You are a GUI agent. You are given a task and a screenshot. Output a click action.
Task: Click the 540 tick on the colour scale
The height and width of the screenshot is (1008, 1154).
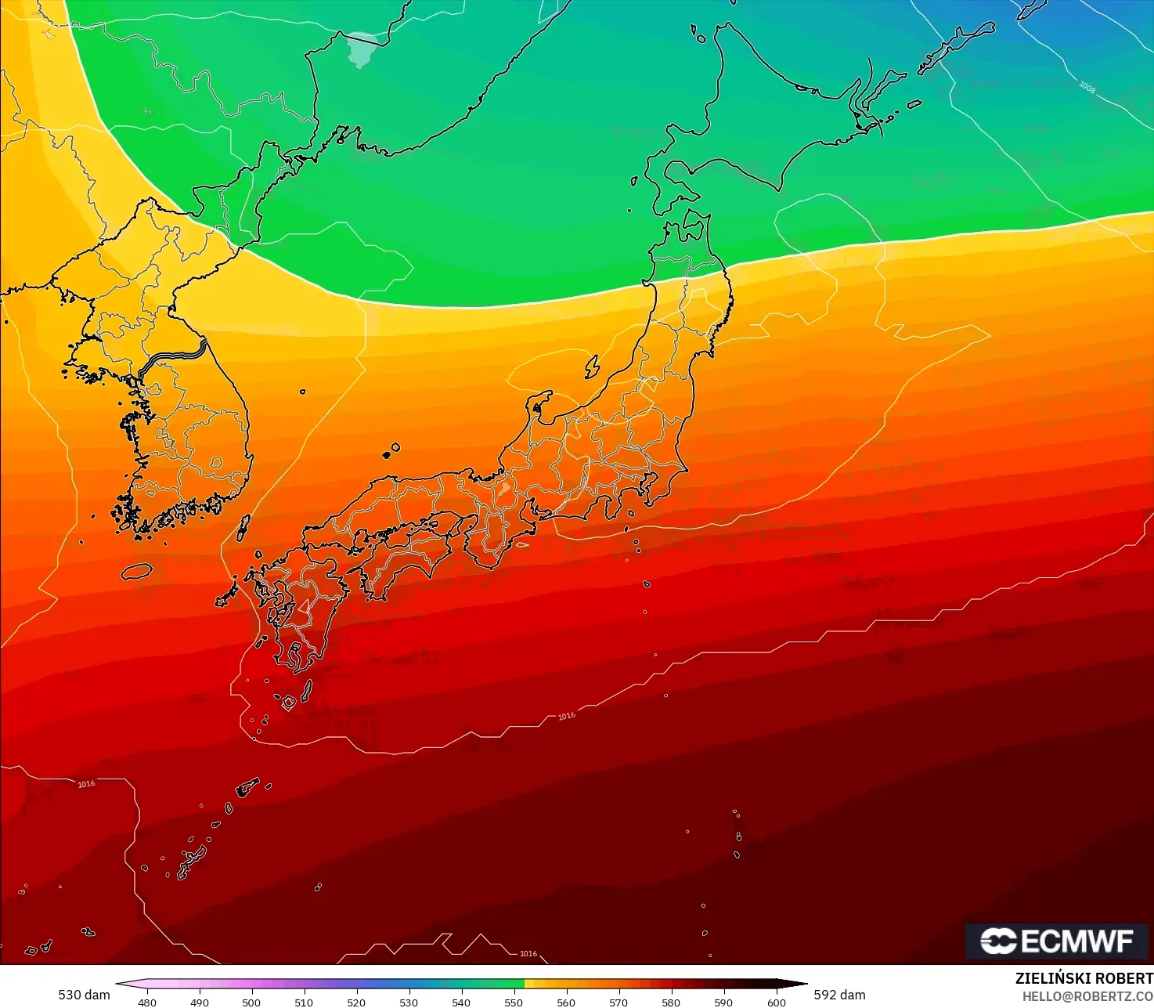(x=461, y=1002)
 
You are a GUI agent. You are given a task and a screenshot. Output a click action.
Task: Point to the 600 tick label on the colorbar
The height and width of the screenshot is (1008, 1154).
(x=776, y=1002)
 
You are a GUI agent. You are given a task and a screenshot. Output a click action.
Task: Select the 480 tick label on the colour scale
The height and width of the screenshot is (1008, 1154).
(x=146, y=1002)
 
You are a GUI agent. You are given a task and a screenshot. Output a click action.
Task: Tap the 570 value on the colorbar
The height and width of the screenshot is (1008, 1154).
(x=618, y=1002)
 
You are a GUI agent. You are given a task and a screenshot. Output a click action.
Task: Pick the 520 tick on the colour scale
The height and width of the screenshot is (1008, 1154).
(x=356, y=1002)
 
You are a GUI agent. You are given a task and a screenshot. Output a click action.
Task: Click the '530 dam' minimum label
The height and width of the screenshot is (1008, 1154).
(x=84, y=995)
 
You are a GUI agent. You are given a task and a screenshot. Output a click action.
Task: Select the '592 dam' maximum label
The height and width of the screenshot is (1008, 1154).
(x=839, y=995)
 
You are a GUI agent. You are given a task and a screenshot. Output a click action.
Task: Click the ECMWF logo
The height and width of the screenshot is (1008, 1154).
(x=1056, y=941)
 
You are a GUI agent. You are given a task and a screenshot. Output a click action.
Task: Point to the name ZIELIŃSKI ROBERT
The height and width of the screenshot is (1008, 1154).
(x=1084, y=978)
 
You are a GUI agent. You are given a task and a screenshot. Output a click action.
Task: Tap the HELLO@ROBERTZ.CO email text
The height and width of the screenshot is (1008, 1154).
(x=1087, y=996)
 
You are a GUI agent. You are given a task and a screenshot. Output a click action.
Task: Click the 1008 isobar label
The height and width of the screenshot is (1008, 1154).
(x=1087, y=87)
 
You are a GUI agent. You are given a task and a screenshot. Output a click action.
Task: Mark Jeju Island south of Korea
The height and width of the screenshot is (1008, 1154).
(x=136, y=571)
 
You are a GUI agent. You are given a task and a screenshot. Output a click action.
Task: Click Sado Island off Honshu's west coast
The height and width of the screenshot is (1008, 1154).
(x=592, y=366)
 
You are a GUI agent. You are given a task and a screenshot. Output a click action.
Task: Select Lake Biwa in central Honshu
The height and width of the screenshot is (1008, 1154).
(x=504, y=490)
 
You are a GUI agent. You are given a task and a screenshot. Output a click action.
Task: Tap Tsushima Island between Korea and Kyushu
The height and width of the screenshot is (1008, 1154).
(x=243, y=527)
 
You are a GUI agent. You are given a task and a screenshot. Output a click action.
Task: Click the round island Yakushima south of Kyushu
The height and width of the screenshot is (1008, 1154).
(x=288, y=703)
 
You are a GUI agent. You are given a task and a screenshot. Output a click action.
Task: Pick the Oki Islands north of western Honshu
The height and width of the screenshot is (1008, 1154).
(x=391, y=451)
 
